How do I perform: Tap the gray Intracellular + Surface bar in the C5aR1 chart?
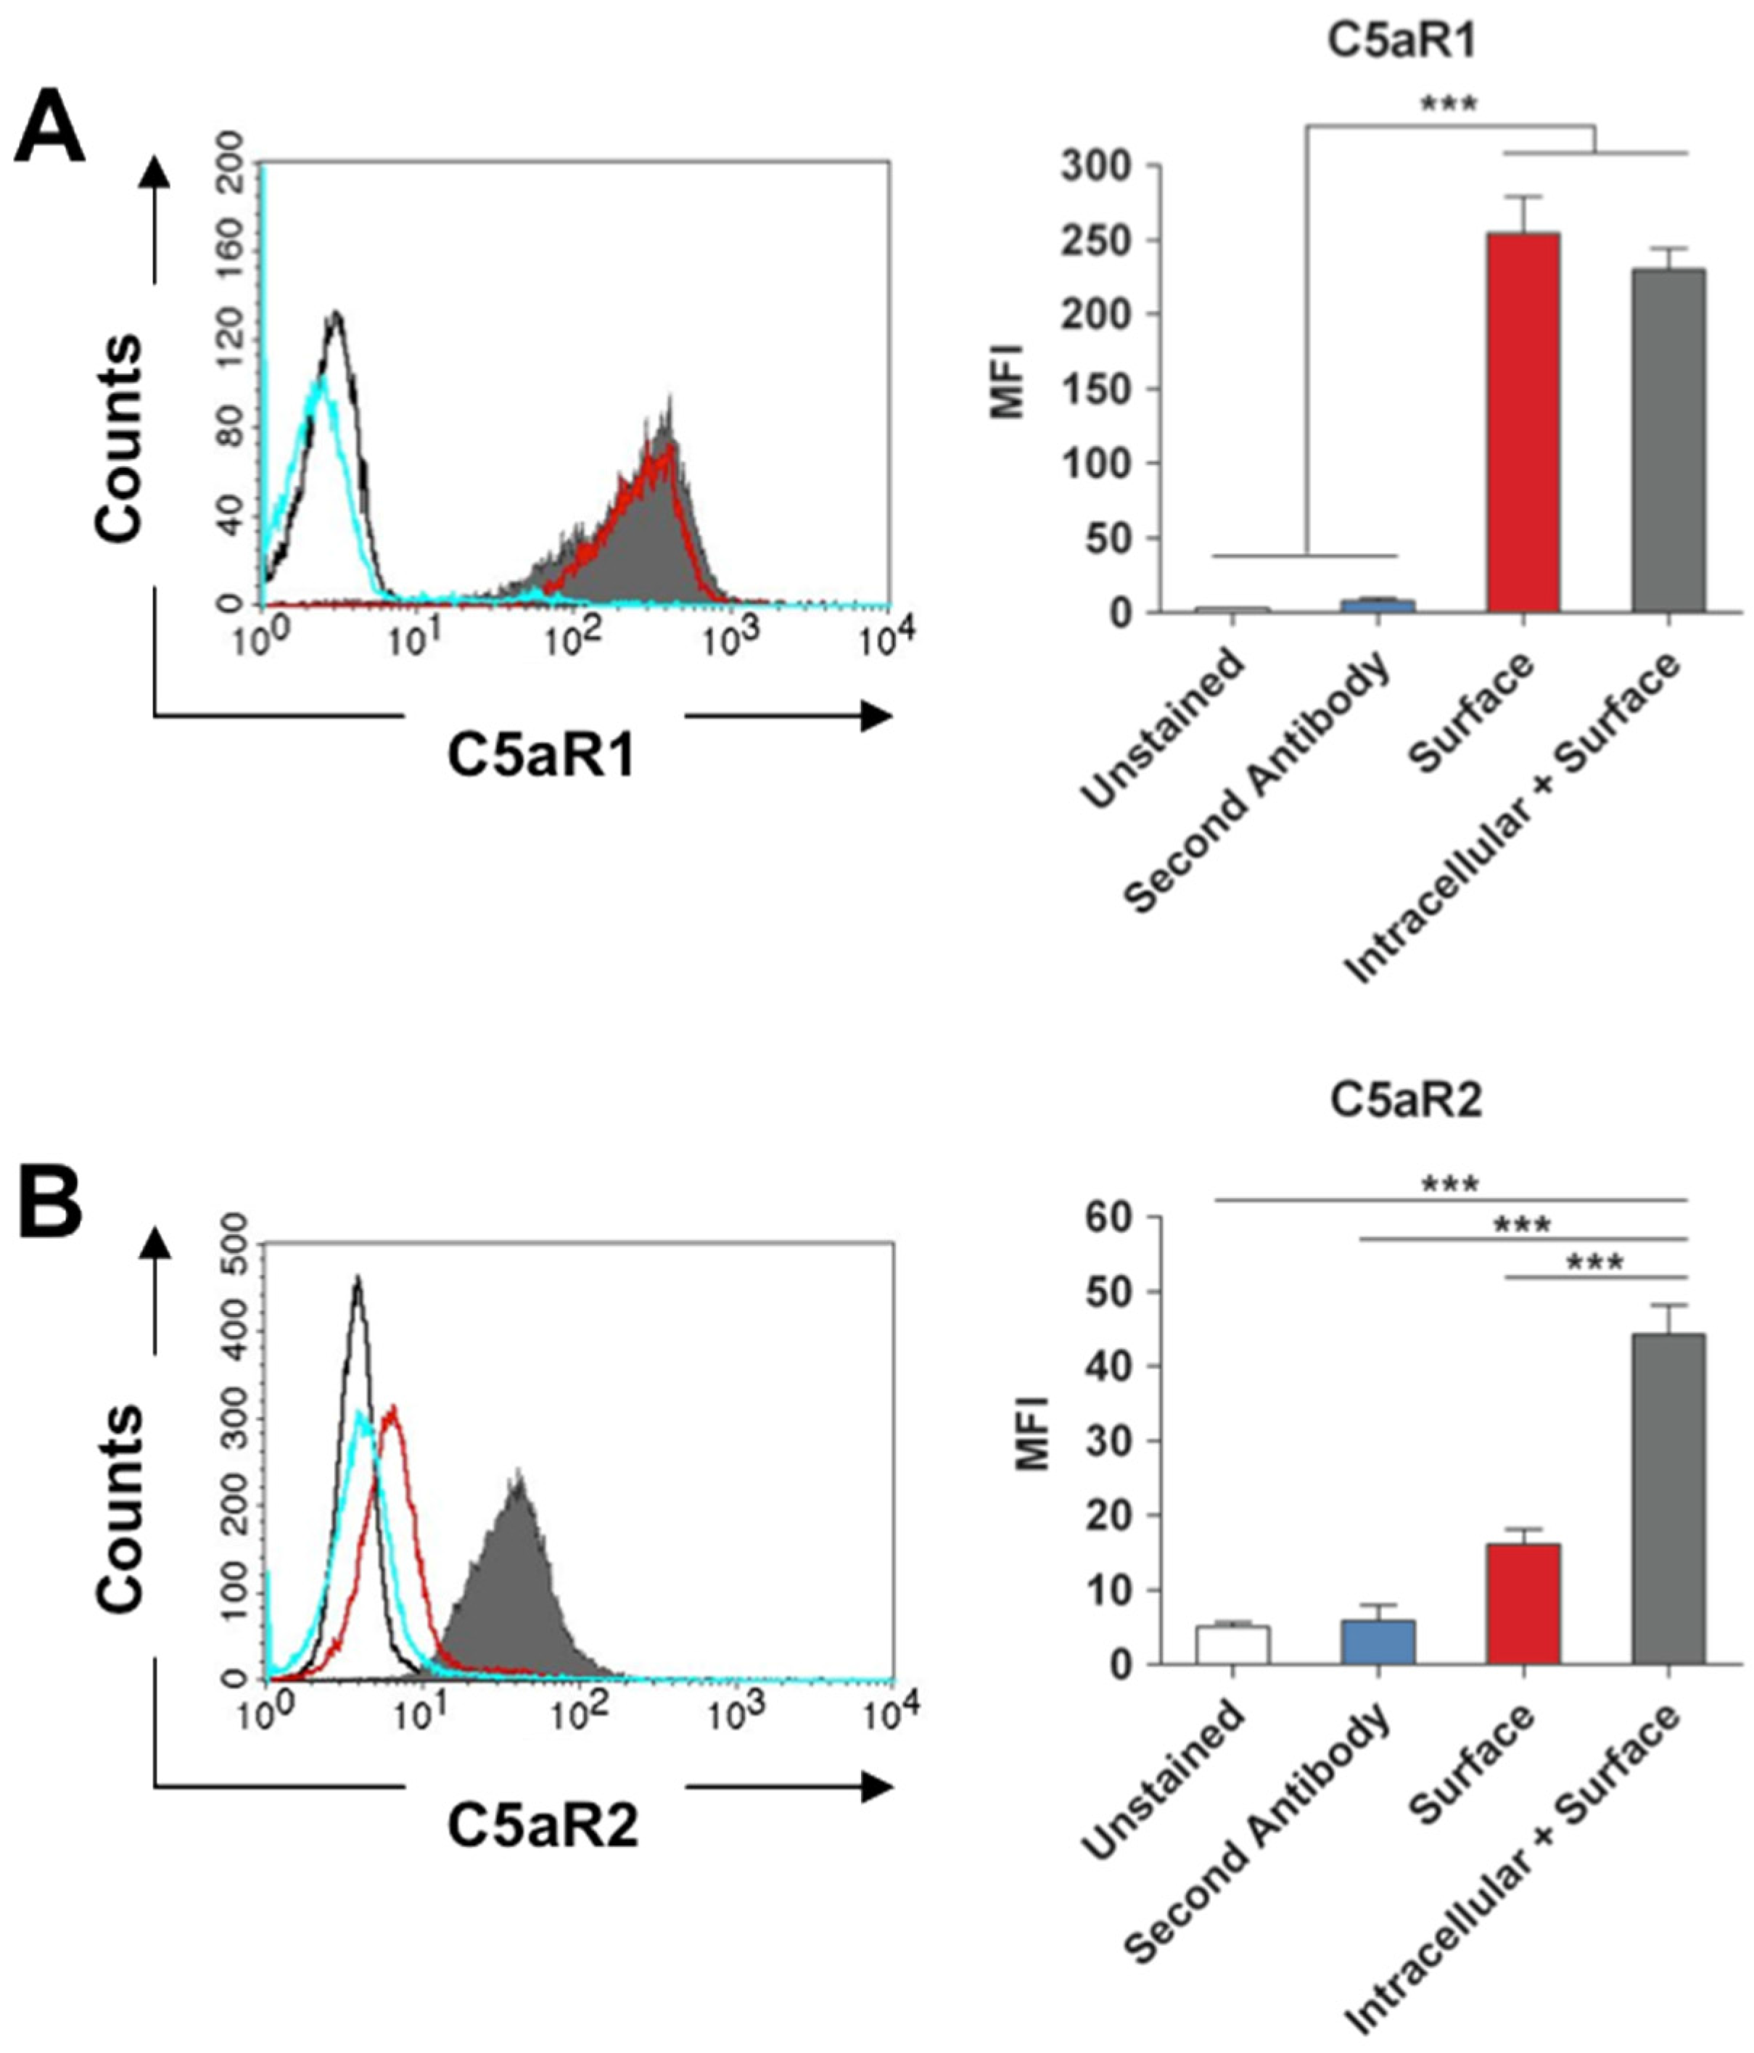click(1669, 440)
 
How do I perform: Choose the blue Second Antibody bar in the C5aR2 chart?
click(1378, 1642)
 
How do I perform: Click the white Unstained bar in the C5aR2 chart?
click(1232, 1645)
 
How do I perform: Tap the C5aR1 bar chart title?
click(1403, 44)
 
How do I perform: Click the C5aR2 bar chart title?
click(1405, 1101)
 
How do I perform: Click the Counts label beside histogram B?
click(121, 1507)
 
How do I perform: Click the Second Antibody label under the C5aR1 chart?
click(1259, 782)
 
